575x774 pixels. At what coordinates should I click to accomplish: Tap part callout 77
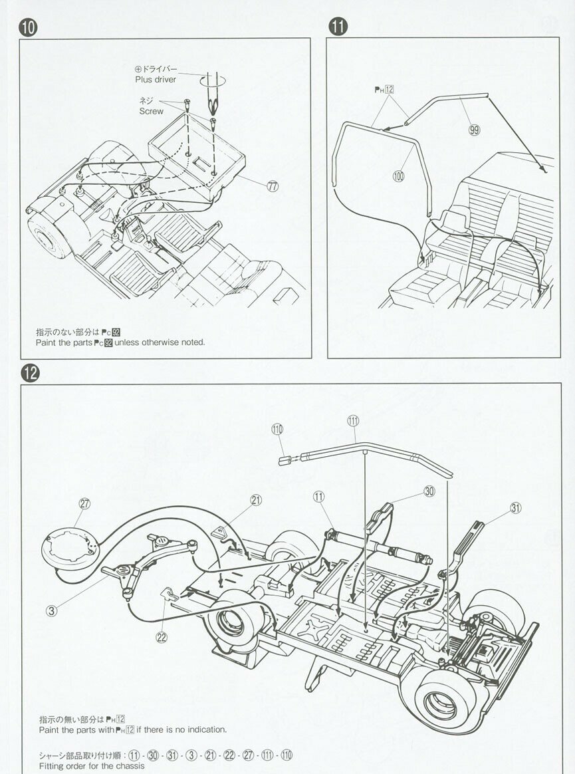point(273,186)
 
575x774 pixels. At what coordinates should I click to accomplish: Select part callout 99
point(474,130)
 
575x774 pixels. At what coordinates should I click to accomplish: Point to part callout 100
point(399,176)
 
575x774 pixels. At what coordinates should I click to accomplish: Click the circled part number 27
point(84,503)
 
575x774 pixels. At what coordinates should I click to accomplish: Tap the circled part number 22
point(162,636)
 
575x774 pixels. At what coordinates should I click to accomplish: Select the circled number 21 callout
point(257,500)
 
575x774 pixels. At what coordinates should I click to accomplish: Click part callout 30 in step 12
point(429,491)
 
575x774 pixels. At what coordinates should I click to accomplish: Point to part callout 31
point(516,508)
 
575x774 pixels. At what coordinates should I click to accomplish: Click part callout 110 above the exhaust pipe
point(277,429)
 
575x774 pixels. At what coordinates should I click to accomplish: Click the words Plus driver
point(156,80)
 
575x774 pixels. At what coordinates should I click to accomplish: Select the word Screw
point(151,111)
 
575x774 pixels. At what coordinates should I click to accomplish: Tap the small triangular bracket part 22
point(170,592)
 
